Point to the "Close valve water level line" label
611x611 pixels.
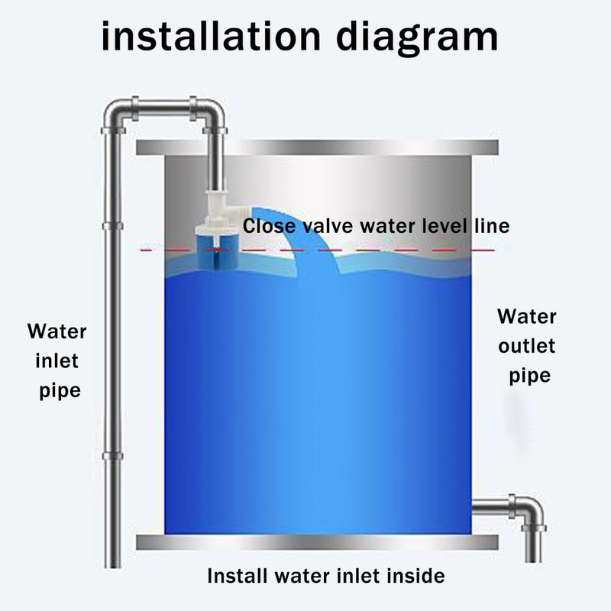point(375,227)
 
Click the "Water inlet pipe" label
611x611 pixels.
point(58,360)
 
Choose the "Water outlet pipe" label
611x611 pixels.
point(527,346)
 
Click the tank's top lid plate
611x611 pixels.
point(316,147)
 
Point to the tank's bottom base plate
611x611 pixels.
point(316,542)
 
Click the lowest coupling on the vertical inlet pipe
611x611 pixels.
point(112,456)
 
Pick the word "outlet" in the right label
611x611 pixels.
point(527,346)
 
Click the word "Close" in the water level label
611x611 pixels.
point(267,227)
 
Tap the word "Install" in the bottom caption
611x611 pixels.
point(236,576)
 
